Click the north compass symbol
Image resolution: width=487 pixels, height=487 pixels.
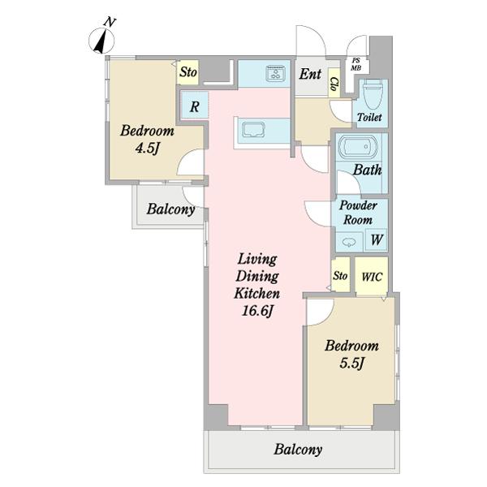(x=102, y=37)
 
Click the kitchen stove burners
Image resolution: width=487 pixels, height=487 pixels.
(x=275, y=74)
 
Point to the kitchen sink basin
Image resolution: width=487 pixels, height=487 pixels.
(x=254, y=130)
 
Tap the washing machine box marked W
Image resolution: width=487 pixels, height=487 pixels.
(x=377, y=239)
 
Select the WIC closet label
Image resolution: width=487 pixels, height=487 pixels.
(x=372, y=277)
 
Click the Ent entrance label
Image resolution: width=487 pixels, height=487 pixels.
(x=310, y=74)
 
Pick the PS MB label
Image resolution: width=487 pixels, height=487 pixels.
(x=356, y=64)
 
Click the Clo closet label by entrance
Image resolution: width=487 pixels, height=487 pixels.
(x=334, y=84)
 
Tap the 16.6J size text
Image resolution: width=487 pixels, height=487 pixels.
(x=257, y=311)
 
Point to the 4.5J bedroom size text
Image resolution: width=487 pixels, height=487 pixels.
(x=147, y=148)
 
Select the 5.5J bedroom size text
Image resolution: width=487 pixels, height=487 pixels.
(x=351, y=363)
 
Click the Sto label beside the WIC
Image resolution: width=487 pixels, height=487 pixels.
(x=340, y=275)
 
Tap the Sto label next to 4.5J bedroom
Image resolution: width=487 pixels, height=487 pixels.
(x=188, y=72)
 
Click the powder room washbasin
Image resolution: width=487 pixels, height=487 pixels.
(x=349, y=241)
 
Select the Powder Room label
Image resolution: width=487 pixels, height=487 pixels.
(x=358, y=213)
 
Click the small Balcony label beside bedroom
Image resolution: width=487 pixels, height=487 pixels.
(x=170, y=209)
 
